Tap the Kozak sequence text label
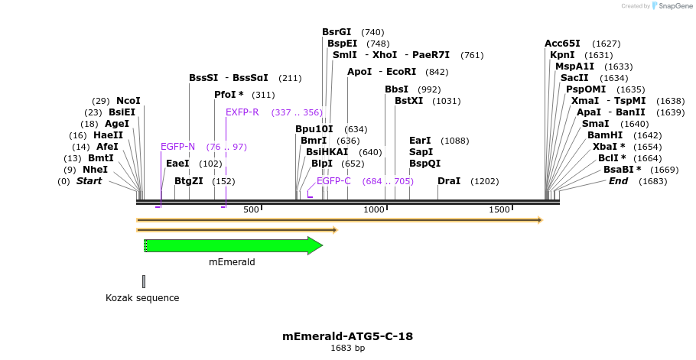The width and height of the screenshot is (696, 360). click(x=142, y=297)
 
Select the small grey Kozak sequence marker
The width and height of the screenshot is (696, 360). click(x=143, y=281)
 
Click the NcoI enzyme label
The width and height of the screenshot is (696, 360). click(x=128, y=101)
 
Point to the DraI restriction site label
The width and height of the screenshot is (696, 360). click(x=449, y=181)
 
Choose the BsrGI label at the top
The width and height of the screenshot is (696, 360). click(x=337, y=32)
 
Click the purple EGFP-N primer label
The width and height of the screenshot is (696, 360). click(x=177, y=147)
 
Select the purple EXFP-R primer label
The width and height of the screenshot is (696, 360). click(x=242, y=112)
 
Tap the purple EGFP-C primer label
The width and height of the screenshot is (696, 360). click(x=333, y=181)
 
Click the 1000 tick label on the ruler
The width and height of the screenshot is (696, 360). click(x=375, y=209)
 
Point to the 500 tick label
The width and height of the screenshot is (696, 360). click(x=252, y=209)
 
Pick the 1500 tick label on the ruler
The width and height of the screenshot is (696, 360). click(x=499, y=209)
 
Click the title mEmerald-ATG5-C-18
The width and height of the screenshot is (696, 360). click(x=348, y=336)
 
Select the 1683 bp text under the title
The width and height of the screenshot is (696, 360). click(x=348, y=349)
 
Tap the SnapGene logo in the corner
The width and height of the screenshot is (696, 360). click(x=672, y=6)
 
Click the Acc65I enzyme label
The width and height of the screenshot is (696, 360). click(x=562, y=44)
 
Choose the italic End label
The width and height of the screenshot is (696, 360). click(x=618, y=181)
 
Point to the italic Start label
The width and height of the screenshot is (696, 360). click(x=89, y=181)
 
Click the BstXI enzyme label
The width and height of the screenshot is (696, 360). click(x=408, y=101)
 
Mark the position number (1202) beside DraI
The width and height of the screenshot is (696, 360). click(x=485, y=181)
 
